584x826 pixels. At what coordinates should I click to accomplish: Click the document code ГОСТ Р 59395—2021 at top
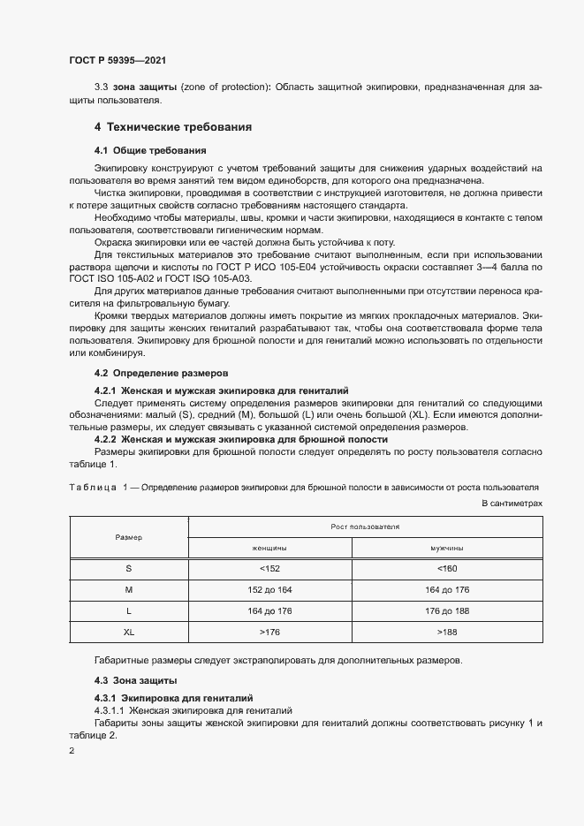(118, 61)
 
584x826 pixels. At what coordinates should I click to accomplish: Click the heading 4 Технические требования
(173, 127)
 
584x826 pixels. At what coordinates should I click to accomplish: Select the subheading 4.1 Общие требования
(150, 150)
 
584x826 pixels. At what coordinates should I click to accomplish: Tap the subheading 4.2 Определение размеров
(162, 373)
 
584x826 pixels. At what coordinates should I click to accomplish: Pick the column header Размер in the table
(129, 537)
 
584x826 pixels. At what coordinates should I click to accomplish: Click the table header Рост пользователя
(365, 527)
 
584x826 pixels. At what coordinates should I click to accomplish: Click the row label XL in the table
(129, 633)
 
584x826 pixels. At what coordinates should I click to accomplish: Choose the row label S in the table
(129, 569)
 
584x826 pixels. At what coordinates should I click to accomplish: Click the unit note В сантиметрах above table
(511, 502)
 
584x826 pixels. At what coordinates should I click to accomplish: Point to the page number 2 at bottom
(72, 751)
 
